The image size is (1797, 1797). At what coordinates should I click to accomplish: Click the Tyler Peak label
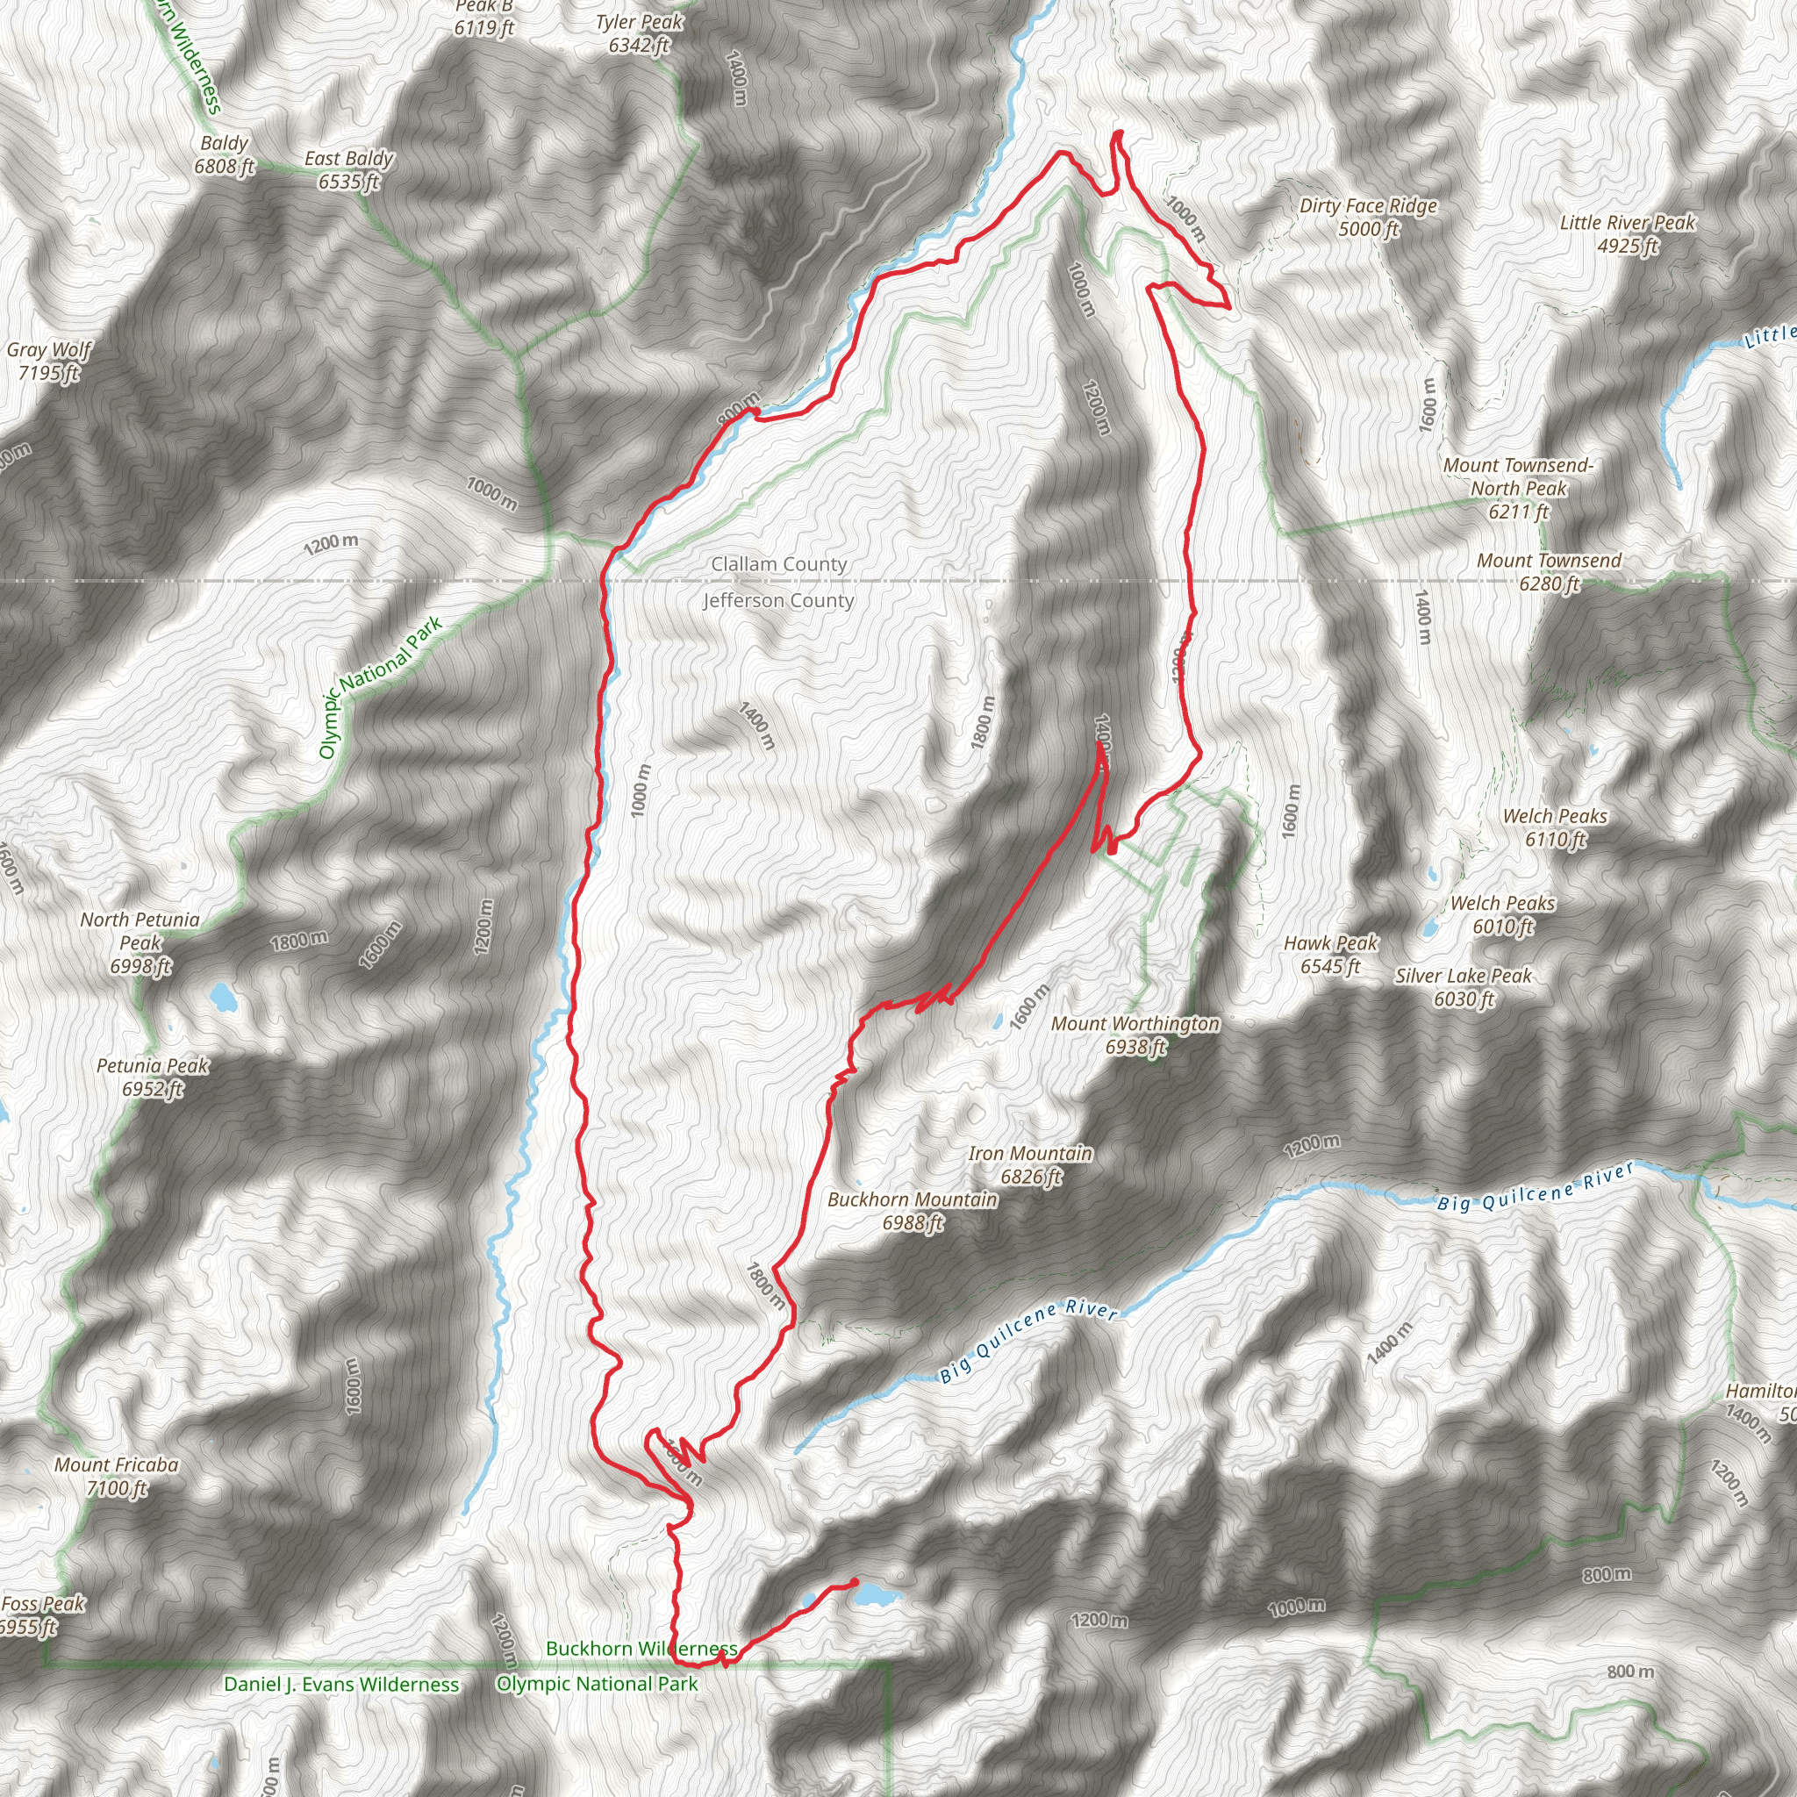[639, 33]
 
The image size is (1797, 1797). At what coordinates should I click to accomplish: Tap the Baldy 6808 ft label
[224, 155]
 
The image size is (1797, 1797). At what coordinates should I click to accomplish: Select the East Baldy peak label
[349, 170]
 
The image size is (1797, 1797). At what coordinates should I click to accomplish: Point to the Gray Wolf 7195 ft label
[48, 362]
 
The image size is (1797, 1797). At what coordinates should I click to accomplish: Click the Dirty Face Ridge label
[1368, 217]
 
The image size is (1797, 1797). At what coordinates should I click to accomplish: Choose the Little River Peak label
[1627, 233]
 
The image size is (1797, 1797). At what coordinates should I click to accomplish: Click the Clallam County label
[778, 564]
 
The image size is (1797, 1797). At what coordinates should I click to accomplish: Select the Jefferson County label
[778, 601]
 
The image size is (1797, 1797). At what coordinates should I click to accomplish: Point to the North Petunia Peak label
[140, 943]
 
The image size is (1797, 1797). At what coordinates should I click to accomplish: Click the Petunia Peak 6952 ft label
[153, 1077]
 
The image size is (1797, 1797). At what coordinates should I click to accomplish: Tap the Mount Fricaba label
[117, 1476]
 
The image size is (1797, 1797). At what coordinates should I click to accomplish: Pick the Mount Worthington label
[1135, 1035]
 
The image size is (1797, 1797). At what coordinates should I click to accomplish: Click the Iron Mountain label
[1031, 1165]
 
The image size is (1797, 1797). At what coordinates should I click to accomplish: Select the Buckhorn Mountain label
[913, 1211]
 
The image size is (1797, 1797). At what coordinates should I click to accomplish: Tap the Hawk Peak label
[1330, 956]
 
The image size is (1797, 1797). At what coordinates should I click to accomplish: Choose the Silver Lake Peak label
[1463, 988]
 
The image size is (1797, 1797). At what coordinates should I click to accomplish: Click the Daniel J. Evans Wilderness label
[341, 1685]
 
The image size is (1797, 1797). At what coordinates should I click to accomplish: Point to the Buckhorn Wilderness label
[641, 1648]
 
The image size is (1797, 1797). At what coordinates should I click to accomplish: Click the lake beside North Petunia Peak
[222, 998]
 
